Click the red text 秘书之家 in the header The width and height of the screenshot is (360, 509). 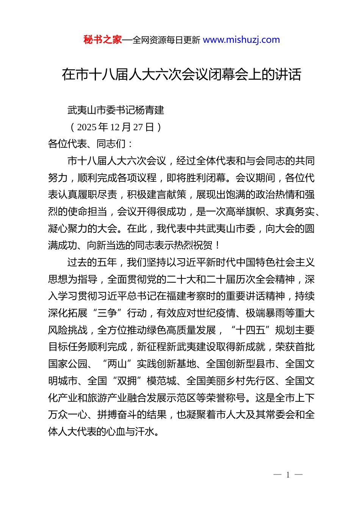pos(102,40)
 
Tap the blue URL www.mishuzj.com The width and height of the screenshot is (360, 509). pos(241,40)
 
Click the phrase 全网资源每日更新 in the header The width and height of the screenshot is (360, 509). pos(166,40)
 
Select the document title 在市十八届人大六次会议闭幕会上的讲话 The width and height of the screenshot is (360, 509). pos(182,75)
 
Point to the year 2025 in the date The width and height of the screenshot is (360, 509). pos(87,127)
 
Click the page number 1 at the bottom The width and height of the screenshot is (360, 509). pos(288,475)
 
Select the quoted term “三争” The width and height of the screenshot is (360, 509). pos(107,313)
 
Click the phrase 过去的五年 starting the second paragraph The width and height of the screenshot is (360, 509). pos(92,262)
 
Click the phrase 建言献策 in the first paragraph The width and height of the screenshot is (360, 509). pos(166,195)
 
